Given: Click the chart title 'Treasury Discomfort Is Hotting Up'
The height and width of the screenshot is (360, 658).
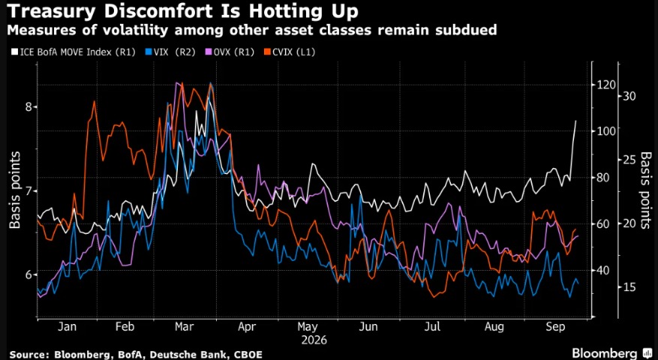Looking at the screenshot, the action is tap(182, 10).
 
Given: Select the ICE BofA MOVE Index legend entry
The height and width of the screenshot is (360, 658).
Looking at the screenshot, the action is tap(73, 52).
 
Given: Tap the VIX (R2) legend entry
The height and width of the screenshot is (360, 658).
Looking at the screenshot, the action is tap(169, 52).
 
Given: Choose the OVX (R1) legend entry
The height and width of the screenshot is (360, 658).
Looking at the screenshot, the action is tap(229, 52).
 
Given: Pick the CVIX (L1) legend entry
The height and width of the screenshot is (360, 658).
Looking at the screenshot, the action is tap(289, 52).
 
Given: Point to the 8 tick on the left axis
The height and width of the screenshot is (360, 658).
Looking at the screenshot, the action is tap(29, 106).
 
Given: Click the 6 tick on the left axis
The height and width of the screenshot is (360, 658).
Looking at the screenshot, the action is tap(29, 274).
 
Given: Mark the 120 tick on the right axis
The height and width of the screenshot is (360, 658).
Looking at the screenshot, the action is tap(606, 85).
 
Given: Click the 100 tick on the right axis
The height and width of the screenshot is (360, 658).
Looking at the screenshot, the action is tap(606, 131).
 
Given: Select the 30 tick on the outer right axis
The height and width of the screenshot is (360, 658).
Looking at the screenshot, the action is tap(630, 96).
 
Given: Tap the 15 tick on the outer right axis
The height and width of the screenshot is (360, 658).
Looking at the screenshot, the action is tap(629, 287).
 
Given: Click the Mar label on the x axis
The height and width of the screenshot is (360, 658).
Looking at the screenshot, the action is tap(185, 327).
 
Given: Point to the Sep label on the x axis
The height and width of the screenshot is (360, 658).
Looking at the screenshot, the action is tap(556, 327).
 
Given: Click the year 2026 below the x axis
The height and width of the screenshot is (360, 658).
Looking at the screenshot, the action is tap(314, 340).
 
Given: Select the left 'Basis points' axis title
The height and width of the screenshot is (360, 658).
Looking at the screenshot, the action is tap(15, 190).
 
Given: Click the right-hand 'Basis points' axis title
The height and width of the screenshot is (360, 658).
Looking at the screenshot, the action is tap(647, 190).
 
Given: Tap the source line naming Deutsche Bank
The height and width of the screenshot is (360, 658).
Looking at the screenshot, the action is tap(136, 355).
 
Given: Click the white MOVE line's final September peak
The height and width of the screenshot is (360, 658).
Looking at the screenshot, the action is tap(575, 121).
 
